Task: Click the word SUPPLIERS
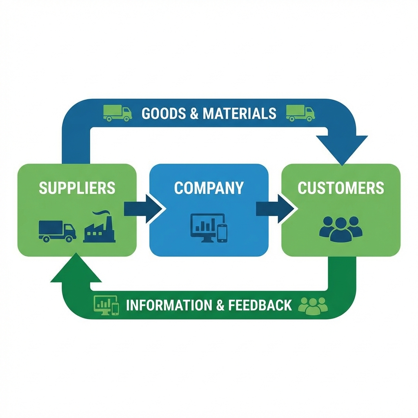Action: pos(77,188)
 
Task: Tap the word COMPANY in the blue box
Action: pos(209,188)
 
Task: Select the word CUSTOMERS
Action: pos(341,188)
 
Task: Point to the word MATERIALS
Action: pos(240,113)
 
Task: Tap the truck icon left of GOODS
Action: pos(118,113)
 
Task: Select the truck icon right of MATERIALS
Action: pos(300,113)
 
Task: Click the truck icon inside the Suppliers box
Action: pos(57,231)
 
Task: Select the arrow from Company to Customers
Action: pos(276,209)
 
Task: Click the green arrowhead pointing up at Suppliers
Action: pos(76,269)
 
